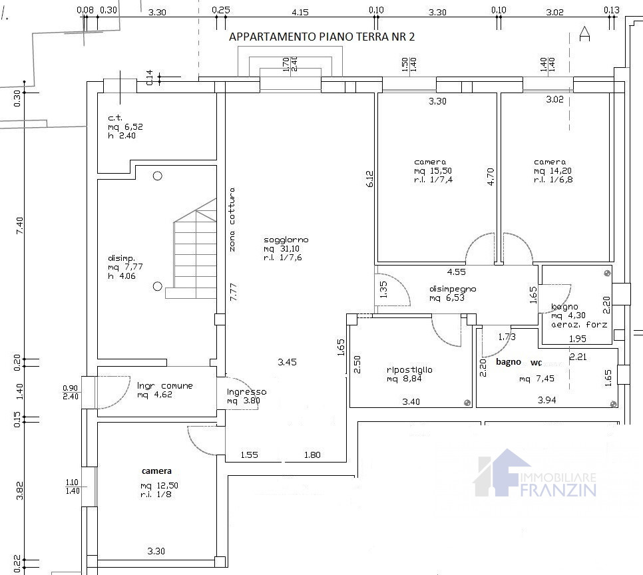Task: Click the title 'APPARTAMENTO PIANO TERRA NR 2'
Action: (321, 37)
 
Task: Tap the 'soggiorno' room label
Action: (286, 240)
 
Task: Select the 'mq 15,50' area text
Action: (433, 171)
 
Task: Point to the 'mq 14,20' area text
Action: (552, 171)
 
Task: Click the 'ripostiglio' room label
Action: (409, 370)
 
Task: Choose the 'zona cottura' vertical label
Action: (232, 220)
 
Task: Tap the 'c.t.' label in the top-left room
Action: (114, 118)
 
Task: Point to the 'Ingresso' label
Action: (247, 392)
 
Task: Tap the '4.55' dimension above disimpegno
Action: (456, 272)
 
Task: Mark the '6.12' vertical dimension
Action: (369, 179)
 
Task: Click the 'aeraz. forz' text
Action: (579, 324)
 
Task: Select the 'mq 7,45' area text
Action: (536, 379)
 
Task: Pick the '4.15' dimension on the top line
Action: (300, 13)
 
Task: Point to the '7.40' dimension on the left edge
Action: (19, 226)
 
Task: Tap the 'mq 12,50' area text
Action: (159, 486)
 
